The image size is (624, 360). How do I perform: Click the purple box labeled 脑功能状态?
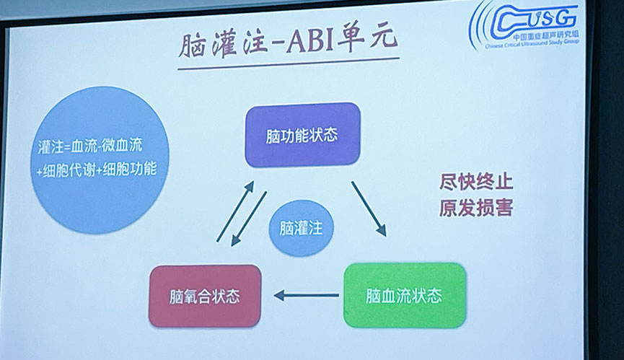tap(302, 135)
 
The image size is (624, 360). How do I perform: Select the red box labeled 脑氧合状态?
tap(205, 296)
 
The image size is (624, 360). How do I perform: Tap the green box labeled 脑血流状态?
tap(405, 296)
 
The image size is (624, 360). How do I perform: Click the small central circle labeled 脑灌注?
tap(302, 228)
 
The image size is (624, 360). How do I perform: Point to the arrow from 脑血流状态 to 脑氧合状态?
tap(306, 296)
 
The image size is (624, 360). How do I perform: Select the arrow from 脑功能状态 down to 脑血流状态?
tap(369, 208)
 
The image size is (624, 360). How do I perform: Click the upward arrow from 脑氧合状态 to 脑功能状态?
tap(235, 211)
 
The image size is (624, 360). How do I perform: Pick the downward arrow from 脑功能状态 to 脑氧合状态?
tap(249, 219)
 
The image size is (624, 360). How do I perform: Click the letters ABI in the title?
tap(309, 41)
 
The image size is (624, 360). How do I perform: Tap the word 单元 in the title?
tap(367, 39)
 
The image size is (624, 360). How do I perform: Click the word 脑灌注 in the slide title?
tap(223, 45)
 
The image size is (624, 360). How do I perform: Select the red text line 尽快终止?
tap(476, 183)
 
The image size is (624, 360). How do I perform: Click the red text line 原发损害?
tap(476, 208)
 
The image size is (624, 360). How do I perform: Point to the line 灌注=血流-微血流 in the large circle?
tap(90, 146)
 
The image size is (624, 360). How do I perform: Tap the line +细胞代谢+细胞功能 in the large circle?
tap(97, 170)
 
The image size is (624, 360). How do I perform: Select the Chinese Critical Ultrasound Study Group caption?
tap(532, 43)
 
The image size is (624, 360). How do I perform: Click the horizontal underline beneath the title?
tap(289, 63)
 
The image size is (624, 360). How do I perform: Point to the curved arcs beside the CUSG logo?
tap(480, 26)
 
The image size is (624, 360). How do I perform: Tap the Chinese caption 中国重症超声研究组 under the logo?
tap(545, 36)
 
